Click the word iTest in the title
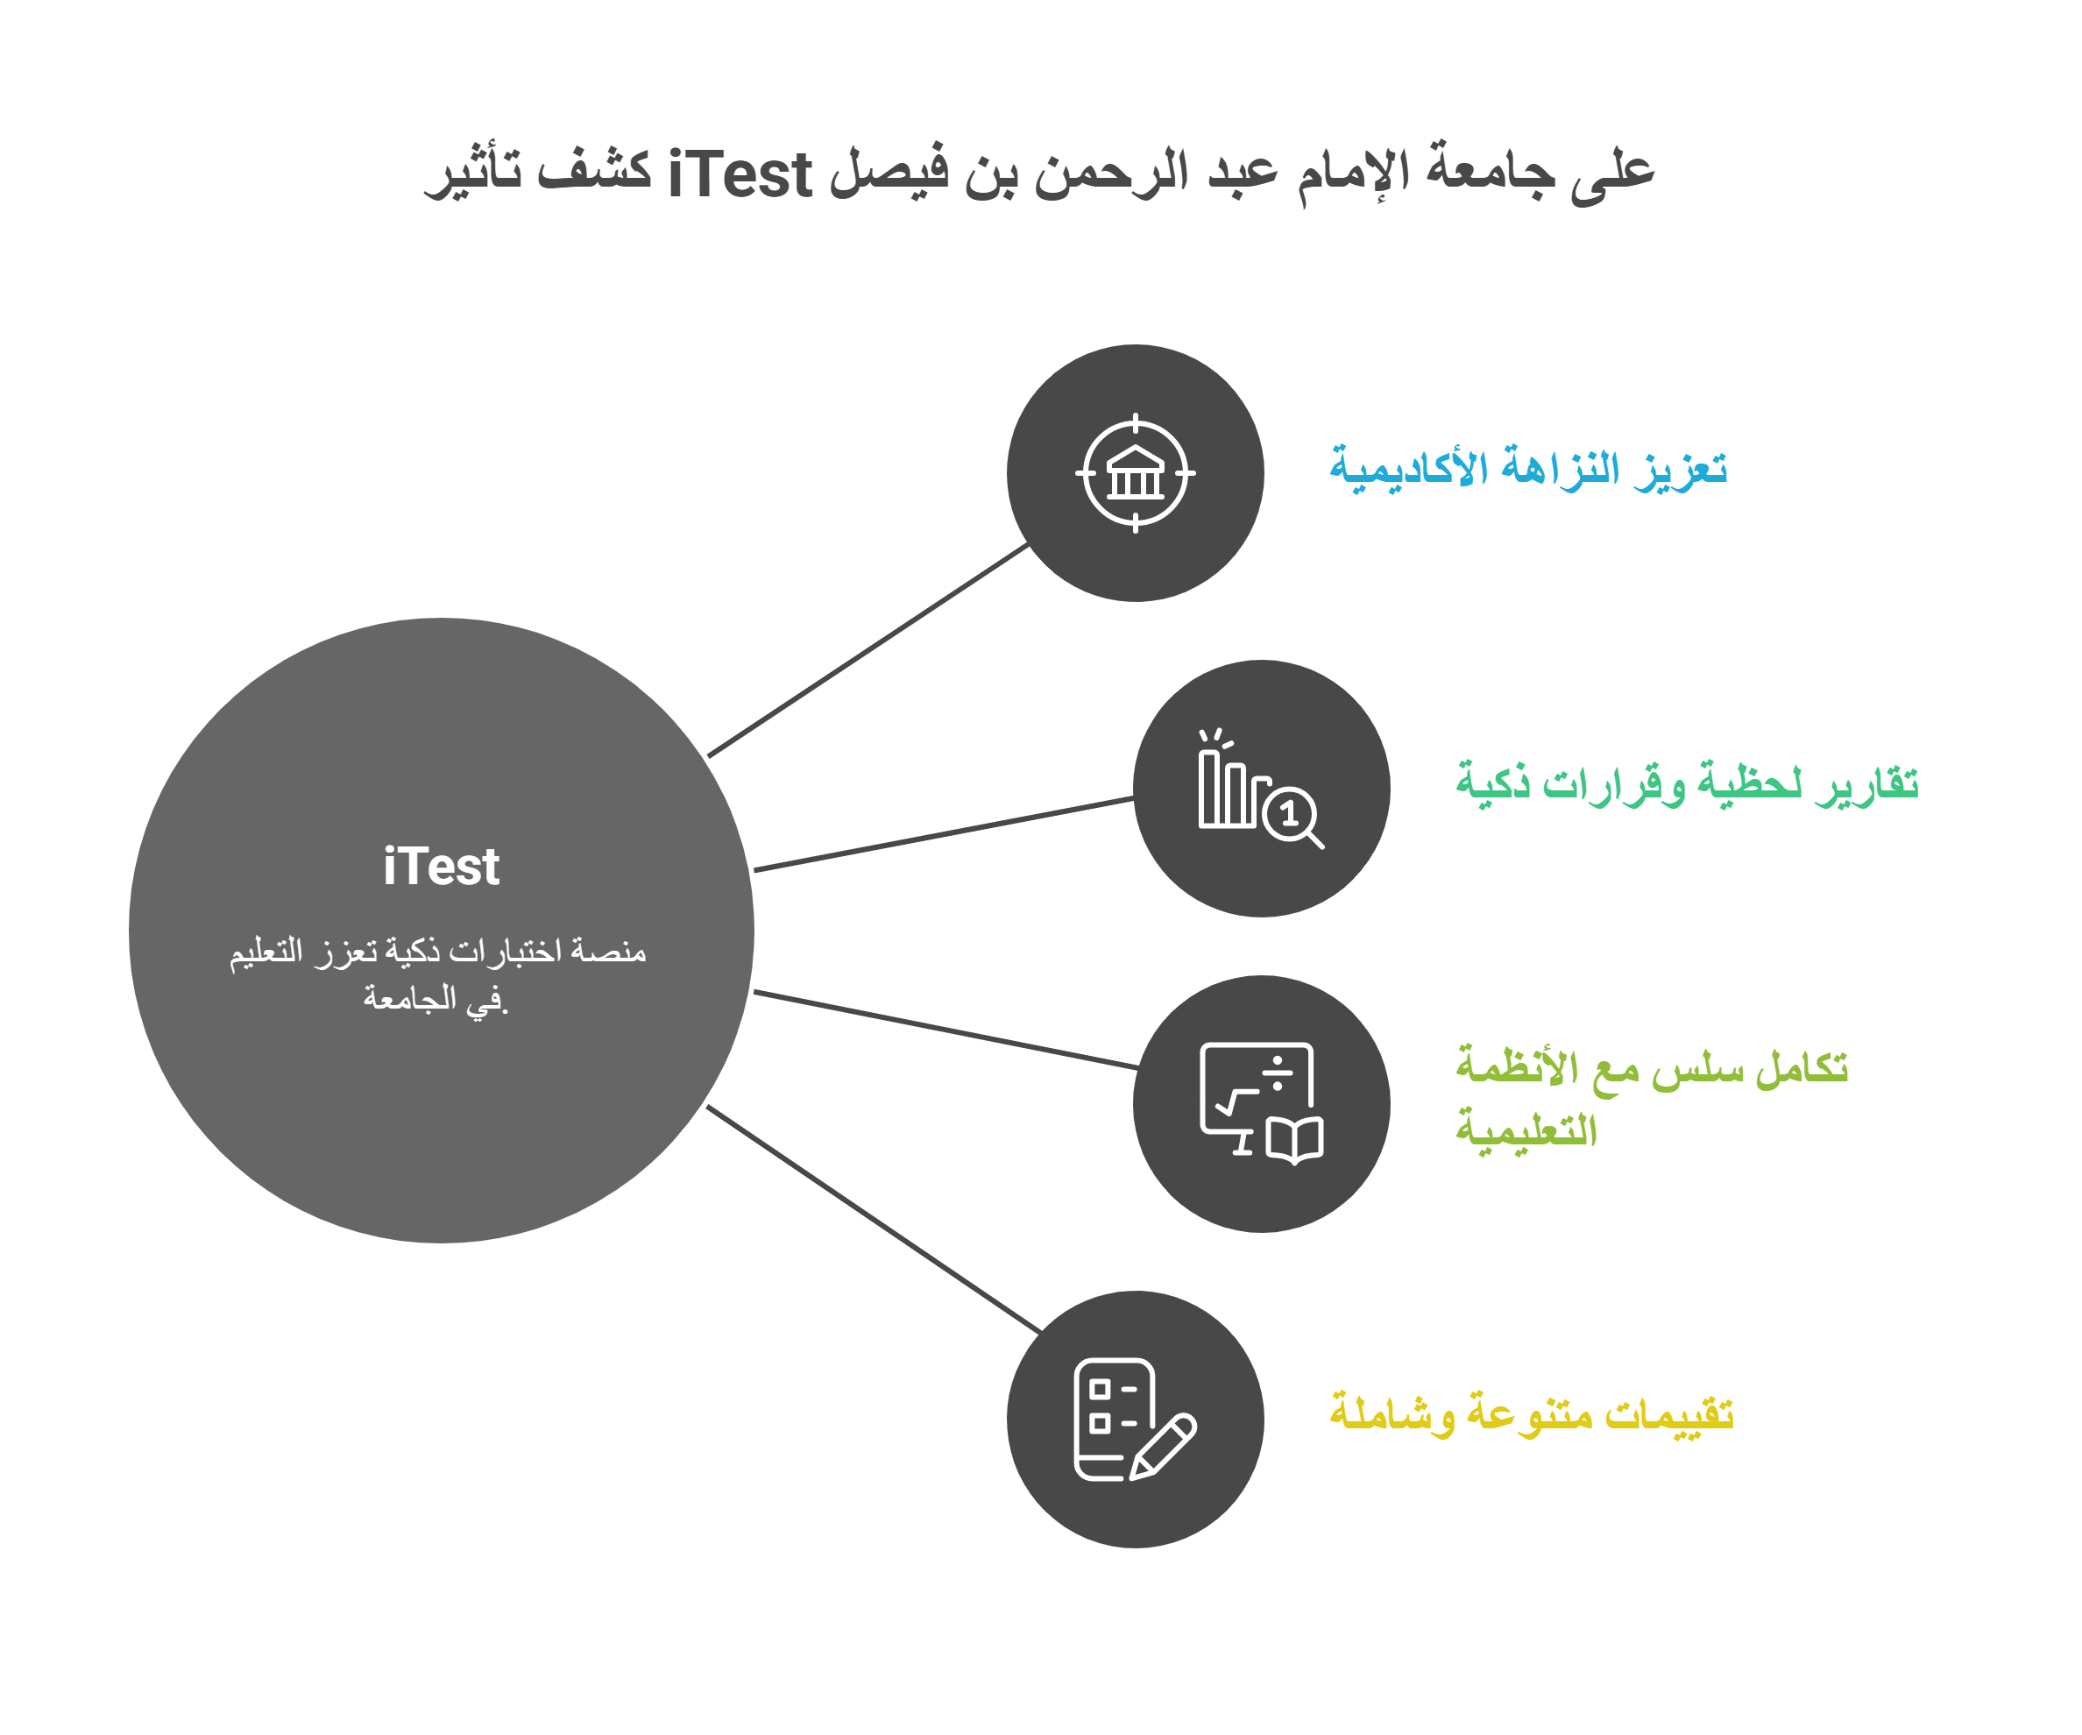tap(740, 175)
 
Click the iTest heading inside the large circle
tap(441, 867)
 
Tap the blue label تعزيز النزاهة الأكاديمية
tap(1528, 468)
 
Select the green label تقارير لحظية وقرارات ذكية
tap(1687, 783)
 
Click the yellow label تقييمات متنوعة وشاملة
tap(1531, 1413)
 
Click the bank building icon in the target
tap(1135, 474)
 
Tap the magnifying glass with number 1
tap(1292, 816)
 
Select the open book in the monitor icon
tap(1295, 1140)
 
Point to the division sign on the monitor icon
tap(1278, 1073)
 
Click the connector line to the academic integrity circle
tap(867, 651)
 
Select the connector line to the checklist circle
tap(873, 1221)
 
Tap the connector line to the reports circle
tap(942, 834)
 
